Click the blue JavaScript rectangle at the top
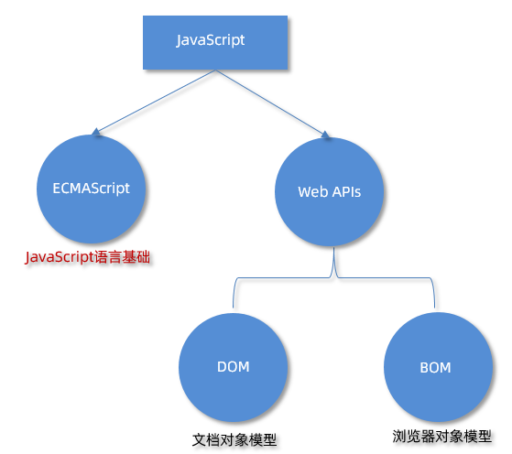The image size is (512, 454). point(216,42)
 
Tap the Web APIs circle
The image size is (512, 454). point(329,192)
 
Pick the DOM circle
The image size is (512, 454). point(234,367)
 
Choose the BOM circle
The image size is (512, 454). point(434,367)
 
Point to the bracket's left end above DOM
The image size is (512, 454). point(234,302)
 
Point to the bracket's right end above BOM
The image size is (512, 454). point(433,302)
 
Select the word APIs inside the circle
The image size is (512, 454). point(344,192)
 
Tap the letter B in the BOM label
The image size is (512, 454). point(424,368)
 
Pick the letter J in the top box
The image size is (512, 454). point(180,41)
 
